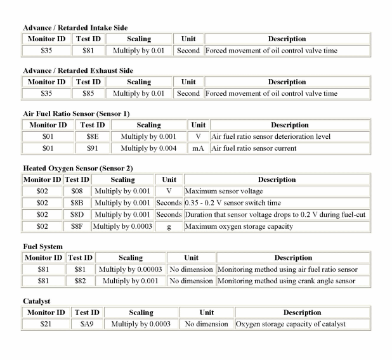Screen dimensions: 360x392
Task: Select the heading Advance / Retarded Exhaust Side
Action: (77, 70)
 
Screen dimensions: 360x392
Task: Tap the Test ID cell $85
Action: (88, 93)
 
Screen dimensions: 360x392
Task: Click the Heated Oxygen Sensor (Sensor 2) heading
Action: (76, 168)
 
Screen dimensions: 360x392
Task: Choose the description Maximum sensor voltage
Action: (223, 191)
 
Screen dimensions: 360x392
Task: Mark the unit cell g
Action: (169, 226)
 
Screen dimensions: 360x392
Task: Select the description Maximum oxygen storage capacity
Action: (238, 226)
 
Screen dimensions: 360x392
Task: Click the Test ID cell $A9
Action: (87, 324)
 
